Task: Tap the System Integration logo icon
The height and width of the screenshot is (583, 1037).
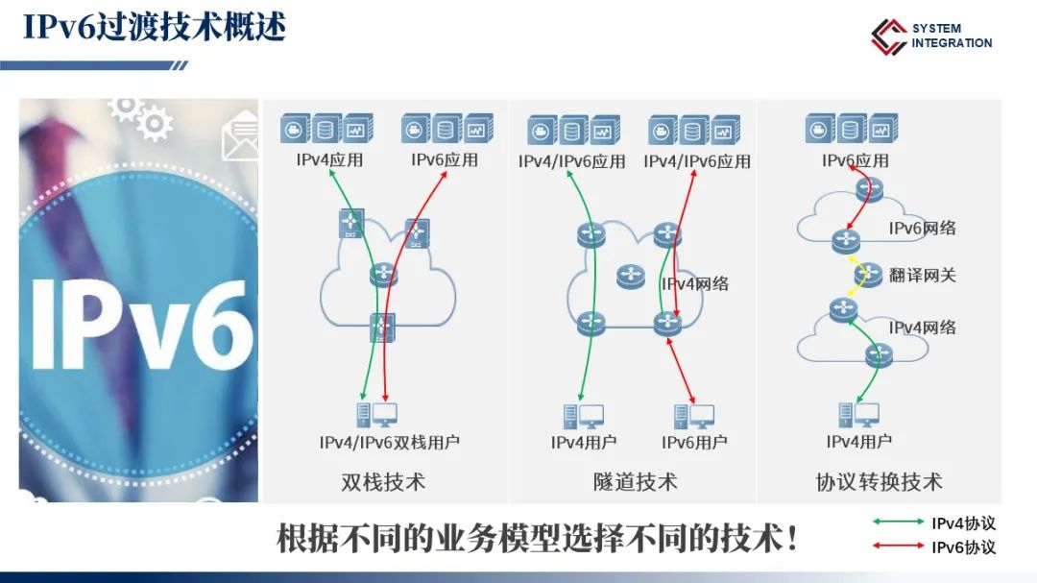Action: coord(888,36)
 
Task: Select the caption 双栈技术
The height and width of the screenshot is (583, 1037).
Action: coord(383,481)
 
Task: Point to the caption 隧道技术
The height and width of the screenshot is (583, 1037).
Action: coord(635,481)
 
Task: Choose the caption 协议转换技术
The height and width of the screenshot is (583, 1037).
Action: coord(879,481)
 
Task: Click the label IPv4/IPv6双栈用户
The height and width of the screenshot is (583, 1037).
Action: coord(389,443)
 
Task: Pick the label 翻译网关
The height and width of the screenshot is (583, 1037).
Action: coord(923,276)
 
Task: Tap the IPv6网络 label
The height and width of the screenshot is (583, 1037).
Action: coord(922,229)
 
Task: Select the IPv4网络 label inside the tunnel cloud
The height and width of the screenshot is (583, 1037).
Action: coord(695,283)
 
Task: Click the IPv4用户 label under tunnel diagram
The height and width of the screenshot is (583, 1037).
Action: coord(584,443)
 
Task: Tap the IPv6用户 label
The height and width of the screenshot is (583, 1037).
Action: coord(694,443)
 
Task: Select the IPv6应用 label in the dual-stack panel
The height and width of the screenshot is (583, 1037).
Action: coord(445,159)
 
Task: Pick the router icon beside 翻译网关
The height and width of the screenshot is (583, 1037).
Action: coord(869,275)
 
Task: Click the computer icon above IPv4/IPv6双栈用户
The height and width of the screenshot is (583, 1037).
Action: coord(376,415)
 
